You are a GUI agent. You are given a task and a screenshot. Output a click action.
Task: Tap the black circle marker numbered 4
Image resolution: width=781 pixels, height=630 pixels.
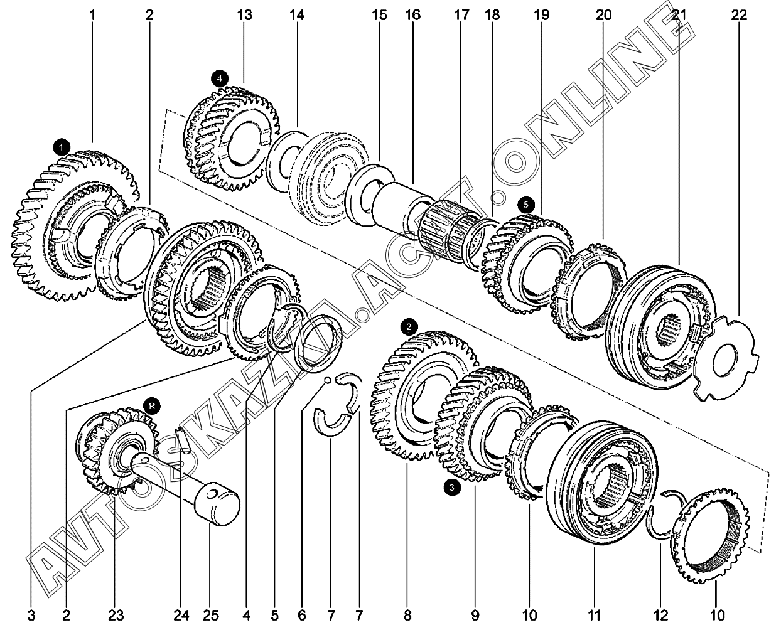[220, 78]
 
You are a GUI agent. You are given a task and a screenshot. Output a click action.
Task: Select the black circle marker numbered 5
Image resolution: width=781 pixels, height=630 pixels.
[526, 205]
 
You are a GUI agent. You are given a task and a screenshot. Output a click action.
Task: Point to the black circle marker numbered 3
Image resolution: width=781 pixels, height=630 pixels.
[452, 488]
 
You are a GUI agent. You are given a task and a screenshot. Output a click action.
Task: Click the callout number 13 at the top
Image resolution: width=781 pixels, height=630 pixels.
[245, 15]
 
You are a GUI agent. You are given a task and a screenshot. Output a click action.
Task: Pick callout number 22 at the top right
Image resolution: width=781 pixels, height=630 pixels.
[739, 15]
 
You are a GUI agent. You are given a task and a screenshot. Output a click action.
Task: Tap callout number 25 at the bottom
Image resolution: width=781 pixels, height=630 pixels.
[211, 616]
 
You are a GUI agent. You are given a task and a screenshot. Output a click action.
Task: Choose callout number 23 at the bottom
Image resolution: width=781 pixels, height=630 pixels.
[116, 616]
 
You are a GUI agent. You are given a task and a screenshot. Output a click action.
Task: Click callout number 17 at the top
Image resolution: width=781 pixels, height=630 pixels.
[461, 15]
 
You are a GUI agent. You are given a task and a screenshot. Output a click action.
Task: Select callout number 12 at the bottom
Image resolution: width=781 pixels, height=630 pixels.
[660, 616]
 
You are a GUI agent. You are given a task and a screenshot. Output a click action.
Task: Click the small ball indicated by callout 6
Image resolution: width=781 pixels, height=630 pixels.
[328, 380]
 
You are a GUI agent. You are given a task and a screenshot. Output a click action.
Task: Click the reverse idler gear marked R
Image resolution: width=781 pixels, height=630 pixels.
[117, 452]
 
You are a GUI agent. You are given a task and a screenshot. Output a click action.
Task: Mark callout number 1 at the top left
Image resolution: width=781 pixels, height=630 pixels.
[92, 15]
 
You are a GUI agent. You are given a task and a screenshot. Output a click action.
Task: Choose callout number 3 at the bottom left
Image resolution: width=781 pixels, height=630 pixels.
[31, 616]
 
